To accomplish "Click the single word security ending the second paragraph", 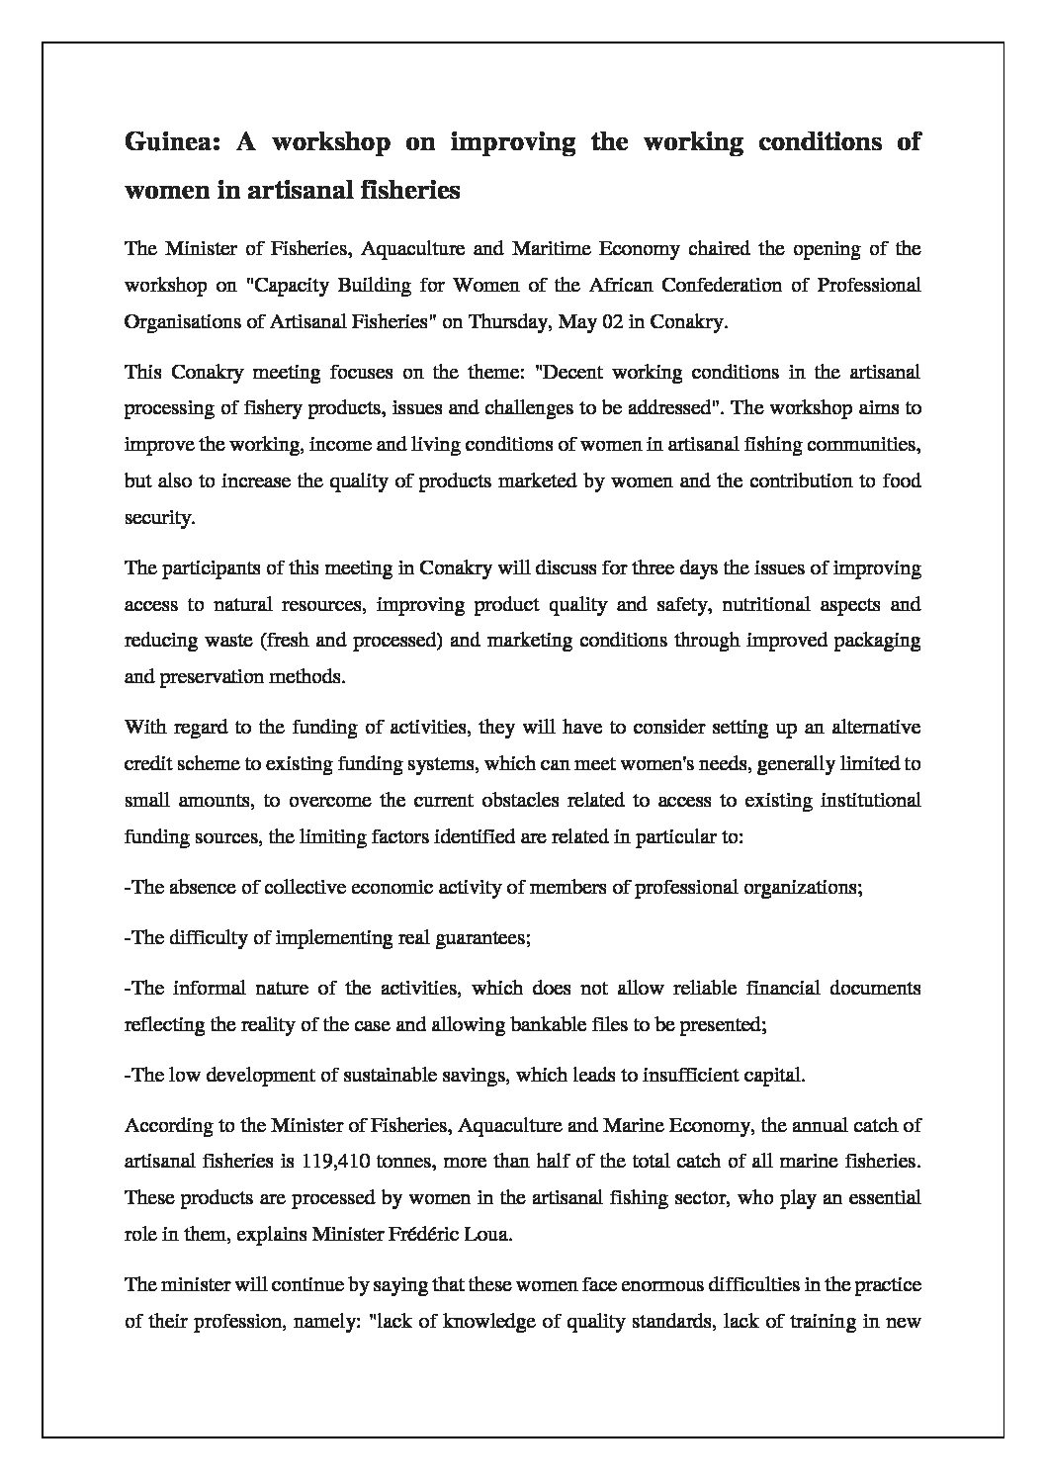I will pyautogui.click(x=159, y=517).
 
